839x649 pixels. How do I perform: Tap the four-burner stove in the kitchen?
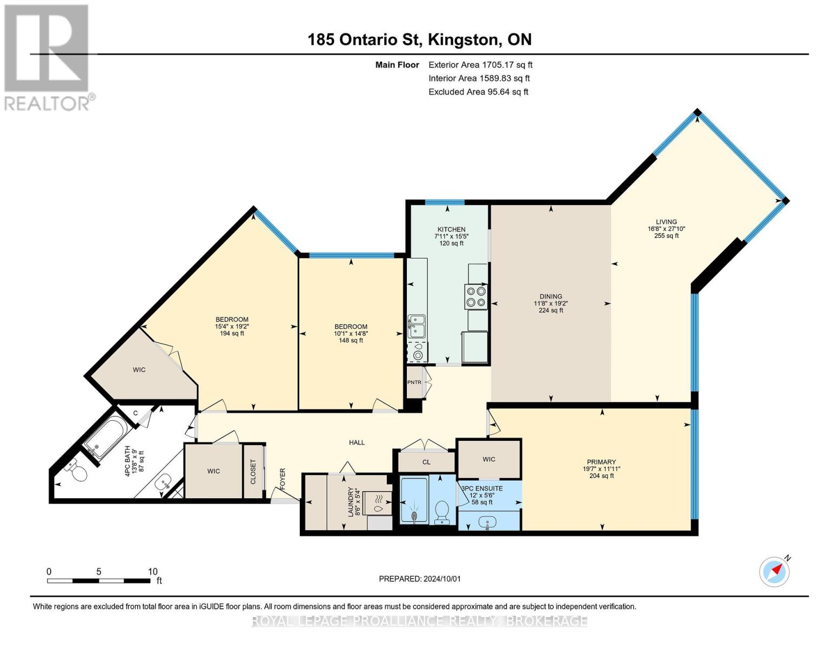coord(476,297)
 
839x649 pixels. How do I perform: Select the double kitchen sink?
coord(417,326)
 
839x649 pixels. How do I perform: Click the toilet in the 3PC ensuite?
coord(442,512)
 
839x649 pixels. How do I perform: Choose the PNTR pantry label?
coord(414,382)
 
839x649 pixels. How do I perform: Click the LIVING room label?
coord(667,222)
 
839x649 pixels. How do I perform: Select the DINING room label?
coord(551,296)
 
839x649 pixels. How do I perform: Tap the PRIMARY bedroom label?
coord(601,462)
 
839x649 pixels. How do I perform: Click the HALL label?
coord(357,442)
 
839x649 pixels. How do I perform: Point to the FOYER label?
coord(283,479)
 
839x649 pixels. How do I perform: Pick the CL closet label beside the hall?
coord(426,462)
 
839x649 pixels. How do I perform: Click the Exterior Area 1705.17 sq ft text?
coord(481,65)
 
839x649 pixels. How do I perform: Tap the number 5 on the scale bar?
coord(99,572)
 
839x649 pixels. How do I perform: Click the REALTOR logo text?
coord(47,104)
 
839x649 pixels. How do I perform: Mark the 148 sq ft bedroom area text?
coord(351,341)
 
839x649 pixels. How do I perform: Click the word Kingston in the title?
coord(461,40)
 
